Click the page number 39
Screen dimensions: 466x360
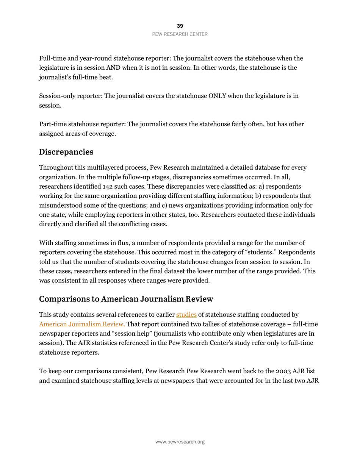180,26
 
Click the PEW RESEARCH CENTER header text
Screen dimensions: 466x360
180,34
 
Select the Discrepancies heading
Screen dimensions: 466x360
66,152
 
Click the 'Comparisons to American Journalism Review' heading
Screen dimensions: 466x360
126,299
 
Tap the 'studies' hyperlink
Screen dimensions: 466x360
186,314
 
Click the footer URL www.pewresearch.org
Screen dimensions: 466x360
180,442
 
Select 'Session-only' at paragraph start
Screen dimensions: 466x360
57,96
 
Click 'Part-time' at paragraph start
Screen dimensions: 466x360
52,124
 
